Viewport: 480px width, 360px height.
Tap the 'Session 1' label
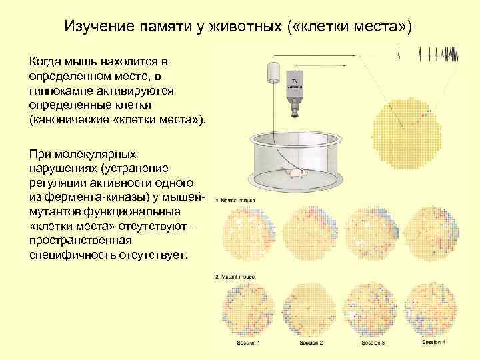click(248, 343)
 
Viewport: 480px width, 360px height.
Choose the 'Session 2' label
click(311, 343)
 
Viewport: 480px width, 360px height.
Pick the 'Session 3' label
click(373, 343)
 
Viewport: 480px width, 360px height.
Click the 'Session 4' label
click(434, 342)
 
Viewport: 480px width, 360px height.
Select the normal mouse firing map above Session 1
click(248, 233)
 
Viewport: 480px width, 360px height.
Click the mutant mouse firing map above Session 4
click(434, 309)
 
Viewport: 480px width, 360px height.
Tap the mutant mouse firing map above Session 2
click(311, 309)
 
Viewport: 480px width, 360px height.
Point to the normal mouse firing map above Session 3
click(373, 233)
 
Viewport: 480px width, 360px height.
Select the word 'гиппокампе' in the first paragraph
click(61, 91)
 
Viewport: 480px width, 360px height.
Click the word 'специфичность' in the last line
click(71, 256)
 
